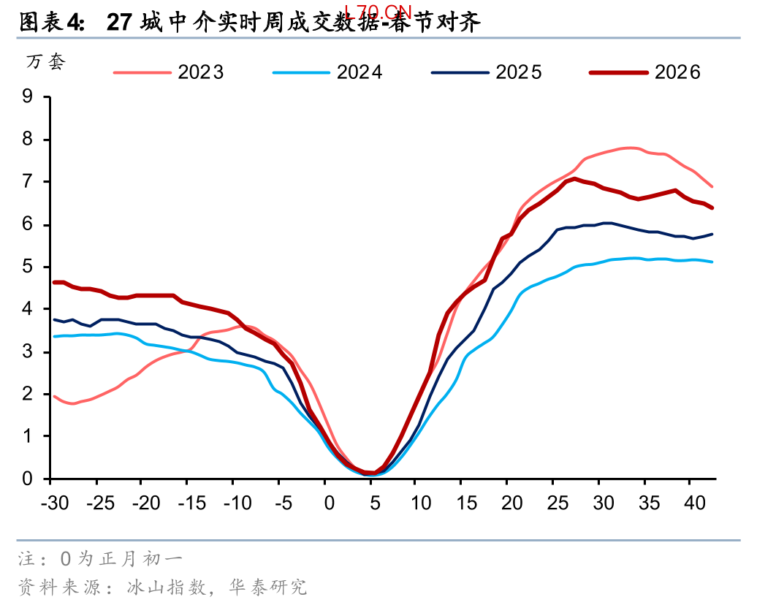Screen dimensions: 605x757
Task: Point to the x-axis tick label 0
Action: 329,503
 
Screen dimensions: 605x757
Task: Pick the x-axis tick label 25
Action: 558,503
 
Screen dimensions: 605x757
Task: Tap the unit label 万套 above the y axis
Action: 46,62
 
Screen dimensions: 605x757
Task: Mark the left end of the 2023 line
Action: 56,397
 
